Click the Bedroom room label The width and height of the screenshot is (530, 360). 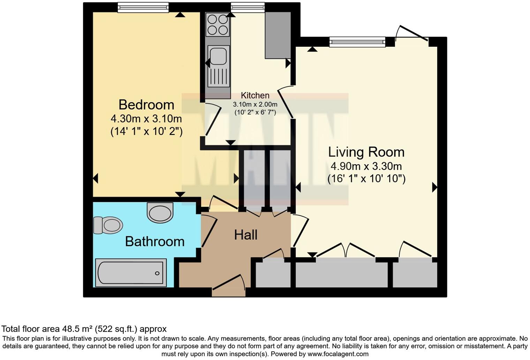point(146,105)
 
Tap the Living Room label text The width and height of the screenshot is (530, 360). point(366,152)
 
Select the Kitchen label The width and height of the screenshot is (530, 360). point(255,95)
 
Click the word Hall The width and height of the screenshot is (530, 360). point(245,235)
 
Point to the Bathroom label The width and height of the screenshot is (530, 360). point(154,241)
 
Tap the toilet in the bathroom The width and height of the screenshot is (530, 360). point(108,225)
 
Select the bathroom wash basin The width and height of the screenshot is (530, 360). point(160,212)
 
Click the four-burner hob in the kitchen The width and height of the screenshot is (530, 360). point(218,24)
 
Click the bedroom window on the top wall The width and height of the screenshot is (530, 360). point(143,7)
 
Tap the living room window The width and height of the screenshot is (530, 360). point(357,42)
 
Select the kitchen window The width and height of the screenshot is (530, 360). point(248,7)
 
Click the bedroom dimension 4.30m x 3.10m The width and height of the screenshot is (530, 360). point(146,119)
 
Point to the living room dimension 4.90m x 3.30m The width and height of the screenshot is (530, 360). point(366,166)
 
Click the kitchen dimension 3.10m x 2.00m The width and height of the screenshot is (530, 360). point(255,104)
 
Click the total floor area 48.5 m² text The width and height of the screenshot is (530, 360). point(84,329)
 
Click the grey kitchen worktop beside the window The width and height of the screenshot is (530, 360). point(278,35)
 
